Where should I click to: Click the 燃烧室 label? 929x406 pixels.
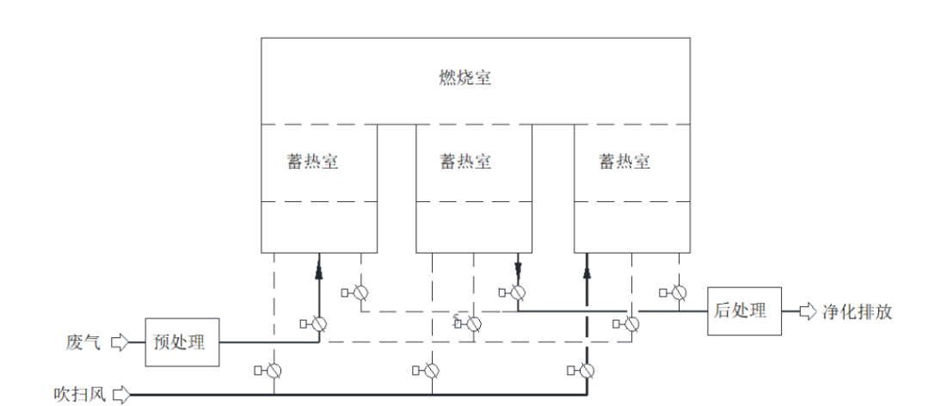(x=464, y=78)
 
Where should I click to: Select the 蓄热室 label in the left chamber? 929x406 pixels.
(x=312, y=162)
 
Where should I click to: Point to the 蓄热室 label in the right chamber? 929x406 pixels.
(x=624, y=162)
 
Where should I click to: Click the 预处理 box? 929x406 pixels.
(x=181, y=341)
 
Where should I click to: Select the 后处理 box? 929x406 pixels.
(x=744, y=311)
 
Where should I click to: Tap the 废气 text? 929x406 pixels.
(x=83, y=342)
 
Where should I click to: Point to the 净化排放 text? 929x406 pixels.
(x=858, y=311)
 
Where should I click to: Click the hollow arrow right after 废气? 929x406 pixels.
(x=120, y=342)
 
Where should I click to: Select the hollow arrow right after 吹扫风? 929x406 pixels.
(x=121, y=395)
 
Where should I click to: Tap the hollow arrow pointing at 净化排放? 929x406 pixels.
(x=807, y=311)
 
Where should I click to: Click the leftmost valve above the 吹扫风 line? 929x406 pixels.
(x=274, y=371)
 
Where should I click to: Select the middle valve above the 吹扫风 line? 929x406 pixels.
(x=432, y=371)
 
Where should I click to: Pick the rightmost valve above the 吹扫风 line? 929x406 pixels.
(x=587, y=371)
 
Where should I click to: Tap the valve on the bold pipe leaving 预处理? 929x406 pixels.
(x=319, y=323)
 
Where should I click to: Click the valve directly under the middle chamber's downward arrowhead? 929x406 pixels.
(x=519, y=292)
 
